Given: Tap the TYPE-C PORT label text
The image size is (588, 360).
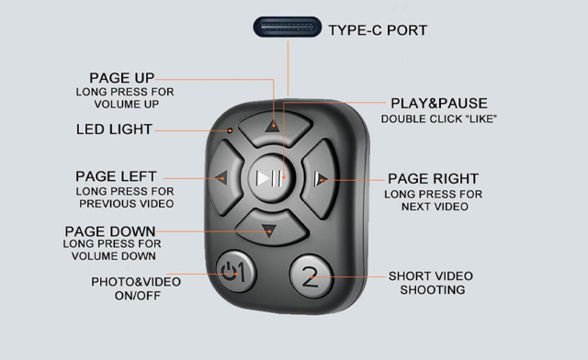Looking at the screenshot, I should pyautogui.click(x=378, y=30).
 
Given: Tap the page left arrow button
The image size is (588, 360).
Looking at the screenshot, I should pyautogui.click(x=224, y=177).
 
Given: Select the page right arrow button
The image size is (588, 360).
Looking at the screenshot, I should pyautogui.click(x=321, y=177).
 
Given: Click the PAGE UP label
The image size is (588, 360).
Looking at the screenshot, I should pyautogui.click(x=121, y=78).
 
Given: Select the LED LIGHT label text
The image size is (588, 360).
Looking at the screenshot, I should pyautogui.click(x=113, y=129).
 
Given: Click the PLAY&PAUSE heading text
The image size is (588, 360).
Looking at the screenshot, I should pyautogui.click(x=439, y=104).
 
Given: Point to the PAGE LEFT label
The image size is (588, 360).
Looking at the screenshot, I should pyautogui.click(x=116, y=175).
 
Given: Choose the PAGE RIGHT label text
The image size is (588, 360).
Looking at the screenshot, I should pyautogui.click(x=433, y=178).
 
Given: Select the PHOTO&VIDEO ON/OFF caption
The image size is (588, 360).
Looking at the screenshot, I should pyautogui.click(x=135, y=288).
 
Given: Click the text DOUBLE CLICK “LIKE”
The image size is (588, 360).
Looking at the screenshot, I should pyautogui.click(x=439, y=119).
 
